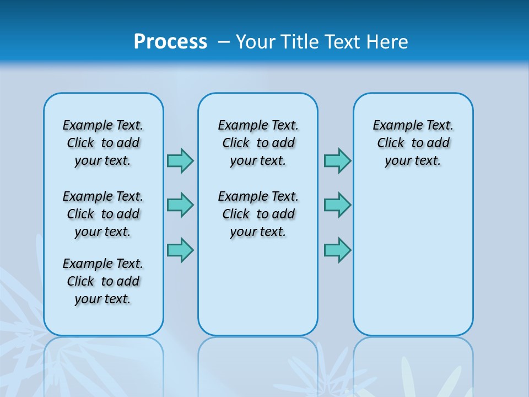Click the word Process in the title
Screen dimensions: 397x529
tap(170, 41)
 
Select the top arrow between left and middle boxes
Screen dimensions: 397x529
tap(180, 160)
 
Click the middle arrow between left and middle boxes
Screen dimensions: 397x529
tap(180, 205)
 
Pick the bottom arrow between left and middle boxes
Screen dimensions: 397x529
tap(180, 250)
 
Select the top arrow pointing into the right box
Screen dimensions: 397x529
tap(337, 160)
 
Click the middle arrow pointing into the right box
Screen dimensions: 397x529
tap(337, 205)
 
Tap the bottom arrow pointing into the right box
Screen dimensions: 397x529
tap(337, 250)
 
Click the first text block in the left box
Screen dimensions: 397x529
tap(103, 143)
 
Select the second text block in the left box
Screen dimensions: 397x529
tap(103, 214)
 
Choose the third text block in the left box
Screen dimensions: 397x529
tap(103, 281)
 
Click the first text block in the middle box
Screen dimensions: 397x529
tap(258, 143)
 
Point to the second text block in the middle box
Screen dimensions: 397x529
tap(258, 214)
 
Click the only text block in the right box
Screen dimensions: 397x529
tap(413, 143)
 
